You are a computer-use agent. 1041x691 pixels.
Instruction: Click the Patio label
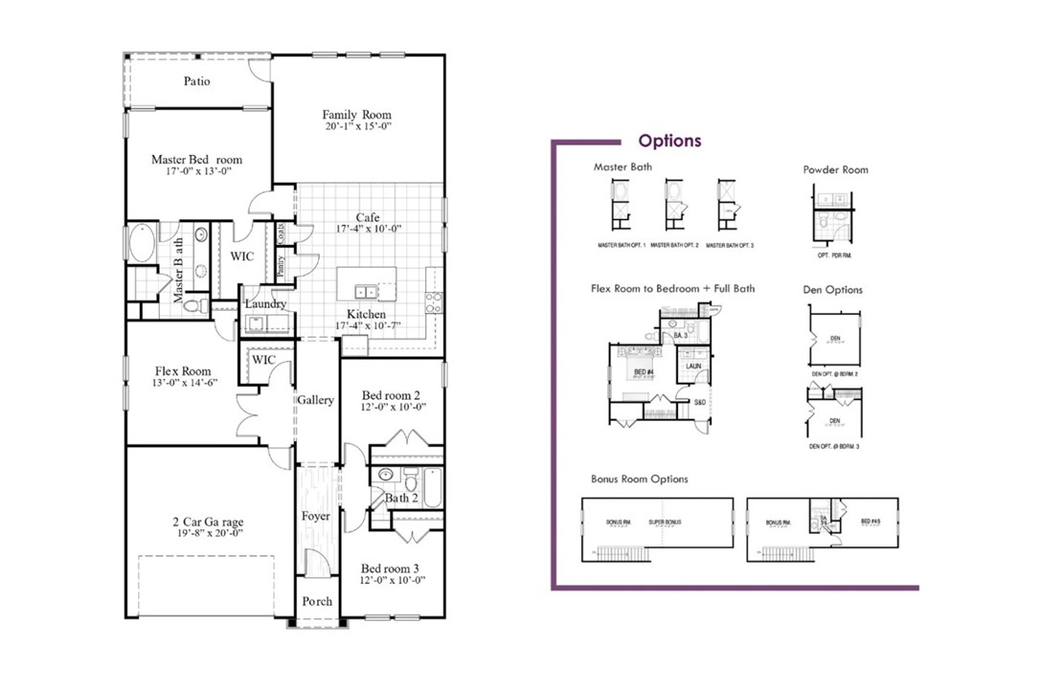click(196, 81)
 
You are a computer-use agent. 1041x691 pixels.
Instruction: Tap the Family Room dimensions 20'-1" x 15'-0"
click(358, 126)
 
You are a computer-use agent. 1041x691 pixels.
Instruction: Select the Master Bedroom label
click(196, 159)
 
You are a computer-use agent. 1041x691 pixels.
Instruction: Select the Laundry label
click(265, 304)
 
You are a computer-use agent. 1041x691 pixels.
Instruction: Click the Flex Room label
click(183, 371)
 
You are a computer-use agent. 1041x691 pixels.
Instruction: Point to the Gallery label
click(315, 400)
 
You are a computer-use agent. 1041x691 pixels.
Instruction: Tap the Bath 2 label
click(402, 498)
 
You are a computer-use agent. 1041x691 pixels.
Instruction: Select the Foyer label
click(315, 517)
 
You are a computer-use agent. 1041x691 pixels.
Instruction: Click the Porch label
click(317, 601)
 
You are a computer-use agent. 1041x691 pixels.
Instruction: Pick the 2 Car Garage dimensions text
click(208, 534)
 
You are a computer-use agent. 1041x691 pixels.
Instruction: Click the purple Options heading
click(669, 141)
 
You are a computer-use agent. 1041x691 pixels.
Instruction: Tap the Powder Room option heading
click(835, 169)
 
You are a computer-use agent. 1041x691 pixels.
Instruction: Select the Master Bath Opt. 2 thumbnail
click(674, 204)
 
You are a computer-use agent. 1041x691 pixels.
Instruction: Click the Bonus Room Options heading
click(640, 479)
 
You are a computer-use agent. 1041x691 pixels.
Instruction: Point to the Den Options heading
click(832, 289)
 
